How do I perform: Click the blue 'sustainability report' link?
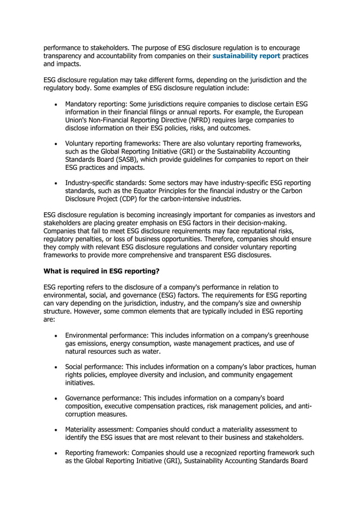(245, 56)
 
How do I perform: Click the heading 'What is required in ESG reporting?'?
(102, 271)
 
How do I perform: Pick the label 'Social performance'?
(94, 367)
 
